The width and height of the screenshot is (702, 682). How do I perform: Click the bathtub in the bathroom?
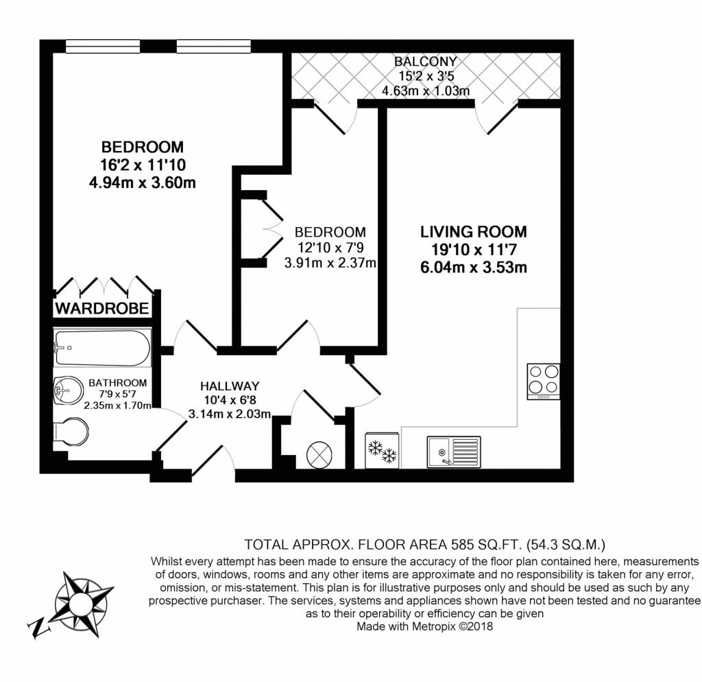point(102,348)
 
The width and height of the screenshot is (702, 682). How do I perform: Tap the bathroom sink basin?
point(68,390)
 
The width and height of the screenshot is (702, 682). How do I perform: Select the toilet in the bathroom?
point(71,432)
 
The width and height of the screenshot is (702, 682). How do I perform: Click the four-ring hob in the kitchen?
point(544,381)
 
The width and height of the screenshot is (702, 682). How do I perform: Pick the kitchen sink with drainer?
point(454,451)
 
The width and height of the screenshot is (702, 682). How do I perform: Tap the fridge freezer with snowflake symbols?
point(382,450)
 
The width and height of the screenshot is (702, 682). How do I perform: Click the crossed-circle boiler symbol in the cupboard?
point(319,455)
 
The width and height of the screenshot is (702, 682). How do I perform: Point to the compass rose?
point(82,603)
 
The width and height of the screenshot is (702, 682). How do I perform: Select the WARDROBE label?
point(102,308)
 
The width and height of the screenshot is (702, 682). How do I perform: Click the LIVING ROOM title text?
point(473,232)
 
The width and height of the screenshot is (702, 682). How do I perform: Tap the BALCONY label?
point(425,61)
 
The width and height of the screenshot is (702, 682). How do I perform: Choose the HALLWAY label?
point(230,386)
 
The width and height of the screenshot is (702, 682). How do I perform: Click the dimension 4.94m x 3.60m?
point(143,183)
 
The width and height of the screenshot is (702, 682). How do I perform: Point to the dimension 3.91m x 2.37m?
point(330,263)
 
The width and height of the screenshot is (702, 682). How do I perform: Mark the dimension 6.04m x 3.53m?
point(473,268)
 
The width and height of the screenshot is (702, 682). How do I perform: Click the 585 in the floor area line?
point(463,545)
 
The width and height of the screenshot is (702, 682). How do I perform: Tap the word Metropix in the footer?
point(433,626)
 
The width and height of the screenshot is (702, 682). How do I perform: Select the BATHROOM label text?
point(118,383)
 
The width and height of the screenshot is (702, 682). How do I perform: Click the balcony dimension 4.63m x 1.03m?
point(426,91)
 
